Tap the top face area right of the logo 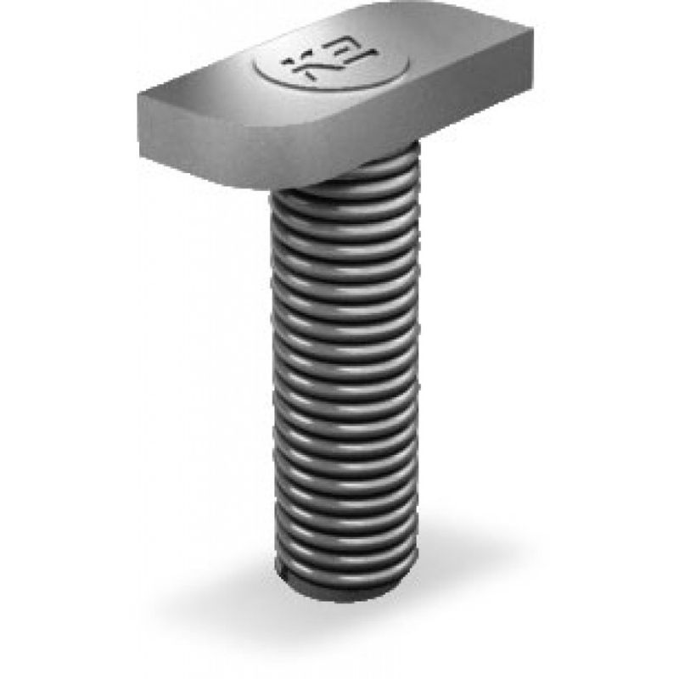tap(441, 59)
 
